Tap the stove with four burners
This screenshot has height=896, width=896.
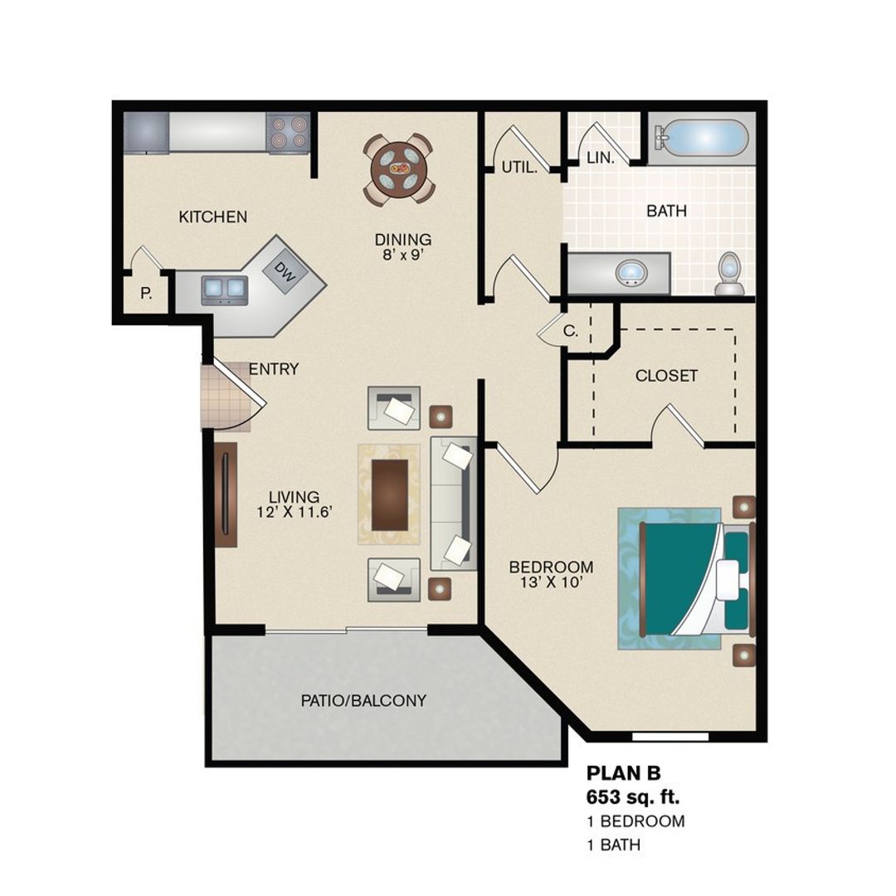(288, 133)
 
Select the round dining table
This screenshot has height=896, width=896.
(398, 168)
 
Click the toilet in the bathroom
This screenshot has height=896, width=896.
(729, 274)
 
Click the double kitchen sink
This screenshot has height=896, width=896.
(224, 288)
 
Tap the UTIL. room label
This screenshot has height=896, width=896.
(519, 168)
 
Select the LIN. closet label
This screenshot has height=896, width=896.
(600, 158)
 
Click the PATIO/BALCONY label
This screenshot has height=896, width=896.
(363, 701)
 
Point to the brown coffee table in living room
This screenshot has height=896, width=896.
(390, 494)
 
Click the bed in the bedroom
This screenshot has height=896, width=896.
(684, 578)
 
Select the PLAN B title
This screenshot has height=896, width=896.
(624, 773)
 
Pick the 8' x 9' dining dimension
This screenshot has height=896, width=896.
(402, 256)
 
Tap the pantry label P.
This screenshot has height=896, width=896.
(146, 293)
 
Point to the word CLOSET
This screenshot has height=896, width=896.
(666, 376)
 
